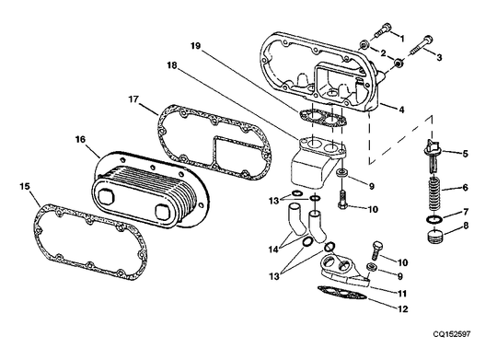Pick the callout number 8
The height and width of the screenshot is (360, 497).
pyautogui.click(x=466, y=225)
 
